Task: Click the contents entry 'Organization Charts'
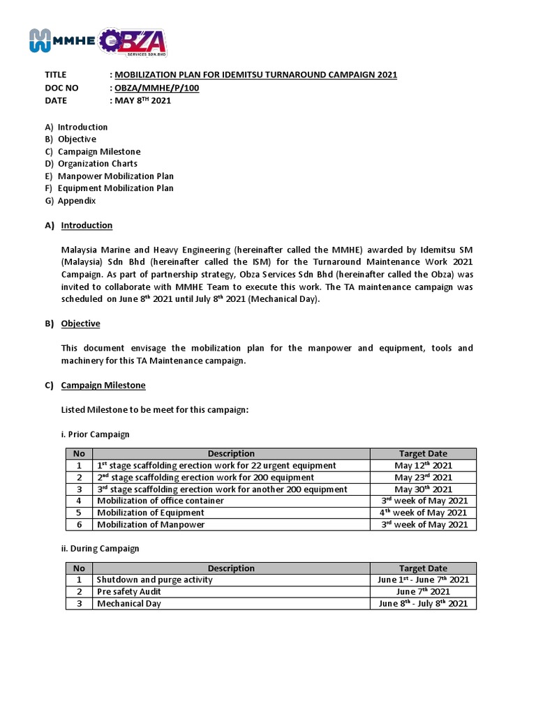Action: [97, 164]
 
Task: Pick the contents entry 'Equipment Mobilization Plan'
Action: [115, 188]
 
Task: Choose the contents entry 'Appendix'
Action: [76, 201]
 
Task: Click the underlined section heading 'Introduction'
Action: [87, 225]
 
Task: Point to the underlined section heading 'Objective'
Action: [80, 324]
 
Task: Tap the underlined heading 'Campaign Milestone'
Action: [103, 385]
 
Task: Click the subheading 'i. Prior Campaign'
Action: [95, 434]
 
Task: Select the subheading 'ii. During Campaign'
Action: [100, 549]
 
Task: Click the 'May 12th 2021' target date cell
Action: [423, 465]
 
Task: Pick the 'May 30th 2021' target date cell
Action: [423, 489]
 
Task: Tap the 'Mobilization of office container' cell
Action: [161, 501]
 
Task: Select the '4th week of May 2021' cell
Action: [423, 512]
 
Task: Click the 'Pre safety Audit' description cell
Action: [128, 591]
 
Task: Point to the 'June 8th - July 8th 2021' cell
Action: [423, 603]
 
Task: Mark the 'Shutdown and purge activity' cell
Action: [154, 579]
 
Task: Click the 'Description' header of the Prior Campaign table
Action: [231, 453]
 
